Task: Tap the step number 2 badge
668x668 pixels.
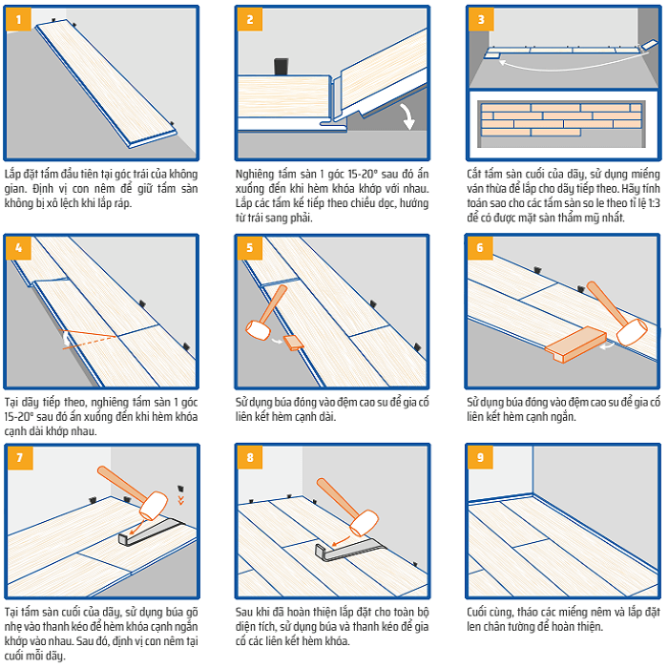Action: [250, 19]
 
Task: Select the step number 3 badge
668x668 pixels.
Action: [481, 19]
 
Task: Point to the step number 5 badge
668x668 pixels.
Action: [250, 248]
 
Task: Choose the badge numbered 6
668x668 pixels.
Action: [481, 248]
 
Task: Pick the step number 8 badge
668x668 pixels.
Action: [250, 457]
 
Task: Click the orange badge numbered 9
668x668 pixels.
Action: [481, 457]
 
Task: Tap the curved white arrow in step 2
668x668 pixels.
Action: [408, 117]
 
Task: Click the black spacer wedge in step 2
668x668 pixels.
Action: [282, 67]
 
